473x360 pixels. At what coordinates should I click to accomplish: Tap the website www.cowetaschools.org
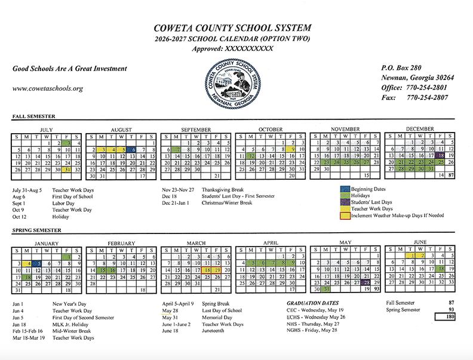[47, 88]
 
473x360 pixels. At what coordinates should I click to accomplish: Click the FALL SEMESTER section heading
[33, 116]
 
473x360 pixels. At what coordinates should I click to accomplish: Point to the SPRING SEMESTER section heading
[36, 230]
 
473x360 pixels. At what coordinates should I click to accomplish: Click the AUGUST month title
[121, 130]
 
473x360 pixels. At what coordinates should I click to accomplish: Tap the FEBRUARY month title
[121, 244]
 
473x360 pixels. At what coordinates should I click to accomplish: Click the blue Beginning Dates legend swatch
[345, 189]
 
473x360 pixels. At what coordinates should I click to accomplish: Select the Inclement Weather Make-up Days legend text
[398, 215]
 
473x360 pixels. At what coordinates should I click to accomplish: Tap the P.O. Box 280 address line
[401, 68]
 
